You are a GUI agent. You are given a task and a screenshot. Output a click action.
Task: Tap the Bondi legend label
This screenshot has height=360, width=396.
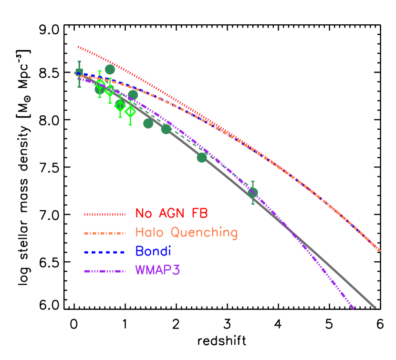click(153, 251)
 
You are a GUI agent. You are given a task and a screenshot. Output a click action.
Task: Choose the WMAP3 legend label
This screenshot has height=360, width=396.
click(158, 270)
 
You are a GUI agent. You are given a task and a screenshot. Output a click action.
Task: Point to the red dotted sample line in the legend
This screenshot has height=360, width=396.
click(105, 215)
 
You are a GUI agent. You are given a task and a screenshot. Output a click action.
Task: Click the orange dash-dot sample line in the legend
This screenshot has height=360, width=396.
click(105, 233)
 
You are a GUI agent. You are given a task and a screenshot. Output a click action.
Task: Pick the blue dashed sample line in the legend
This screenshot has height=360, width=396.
click(105, 252)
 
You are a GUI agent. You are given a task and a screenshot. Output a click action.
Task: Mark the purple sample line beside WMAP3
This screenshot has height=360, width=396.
click(105, 271)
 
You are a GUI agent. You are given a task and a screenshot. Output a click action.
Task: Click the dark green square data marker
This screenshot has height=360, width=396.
click(79, 72)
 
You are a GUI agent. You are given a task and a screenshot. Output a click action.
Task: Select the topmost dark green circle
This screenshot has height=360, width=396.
click(110, 70)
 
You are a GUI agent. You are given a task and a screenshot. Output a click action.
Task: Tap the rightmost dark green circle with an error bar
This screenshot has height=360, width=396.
click(253, 192)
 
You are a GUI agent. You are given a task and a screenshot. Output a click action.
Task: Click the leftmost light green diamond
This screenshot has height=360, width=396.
click(99, 84)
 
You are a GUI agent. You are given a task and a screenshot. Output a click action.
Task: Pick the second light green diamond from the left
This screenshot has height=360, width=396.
click(110, 90)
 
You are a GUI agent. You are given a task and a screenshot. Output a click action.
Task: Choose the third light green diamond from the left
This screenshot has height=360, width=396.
click(120, 105)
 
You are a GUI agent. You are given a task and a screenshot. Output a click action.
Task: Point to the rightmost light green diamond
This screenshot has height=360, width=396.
click(130, 112)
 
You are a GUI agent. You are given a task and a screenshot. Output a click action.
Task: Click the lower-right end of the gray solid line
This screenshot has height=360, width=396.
click(375, 308)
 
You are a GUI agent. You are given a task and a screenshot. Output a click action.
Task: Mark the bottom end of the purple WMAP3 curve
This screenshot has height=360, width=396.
click(354, 309)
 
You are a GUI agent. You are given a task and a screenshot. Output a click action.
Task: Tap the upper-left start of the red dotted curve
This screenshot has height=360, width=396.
click(78, 47)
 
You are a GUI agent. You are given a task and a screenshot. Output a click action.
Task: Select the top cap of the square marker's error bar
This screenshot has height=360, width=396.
click(79, 62)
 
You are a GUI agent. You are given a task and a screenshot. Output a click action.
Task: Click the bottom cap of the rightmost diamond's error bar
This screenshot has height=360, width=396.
click(130, 125)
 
